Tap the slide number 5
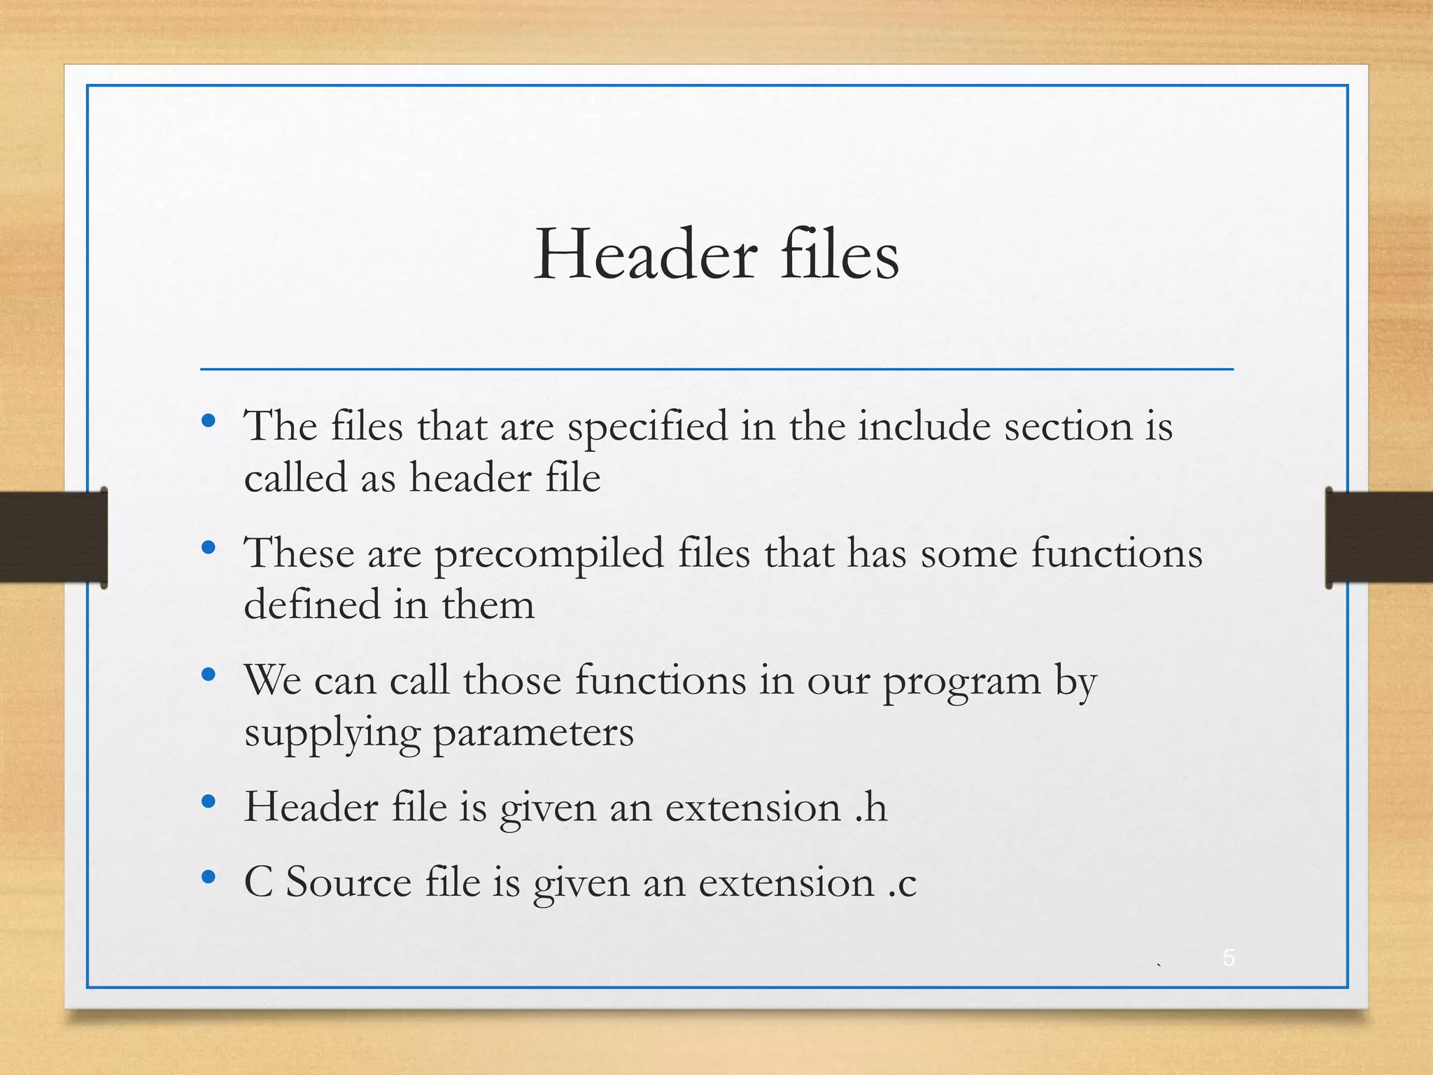pos(1229,957)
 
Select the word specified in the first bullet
pos(647,427)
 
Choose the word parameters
pos(533,733)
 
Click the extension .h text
pos(871,808)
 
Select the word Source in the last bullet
pos(348,882)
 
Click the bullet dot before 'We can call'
pos(208,675)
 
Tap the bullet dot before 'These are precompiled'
pos(208,547)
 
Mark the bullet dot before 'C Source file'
pos(208,876)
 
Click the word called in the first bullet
pos(295,479)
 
